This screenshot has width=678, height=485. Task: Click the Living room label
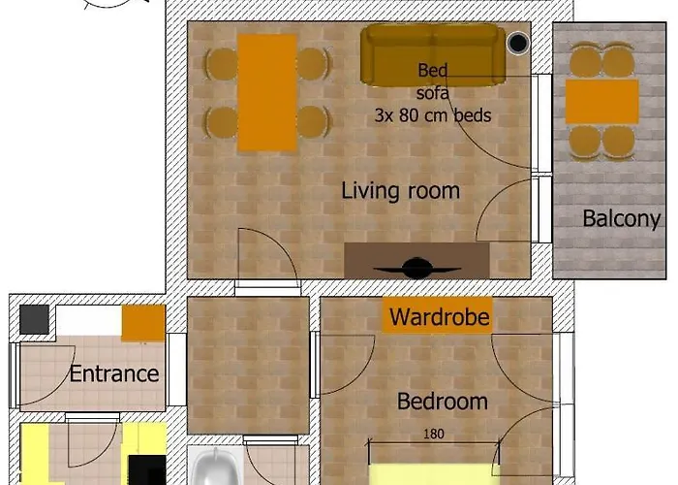(400, 190)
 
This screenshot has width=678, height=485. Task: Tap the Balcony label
(621, 218)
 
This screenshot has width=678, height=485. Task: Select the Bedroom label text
(443, 401)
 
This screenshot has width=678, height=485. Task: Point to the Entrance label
(114, 373)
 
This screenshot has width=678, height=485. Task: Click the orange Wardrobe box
(439, 316)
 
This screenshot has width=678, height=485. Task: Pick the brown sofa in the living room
(433, 54)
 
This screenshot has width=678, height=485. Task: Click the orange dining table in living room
(266, 92)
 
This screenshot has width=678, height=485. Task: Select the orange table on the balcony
(601, 102)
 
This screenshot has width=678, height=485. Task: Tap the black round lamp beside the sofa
(519, 43)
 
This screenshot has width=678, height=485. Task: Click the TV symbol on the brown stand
(417, 268)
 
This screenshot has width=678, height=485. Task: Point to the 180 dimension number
(434, 435)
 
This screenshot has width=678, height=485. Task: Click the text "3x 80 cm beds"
(433, 115)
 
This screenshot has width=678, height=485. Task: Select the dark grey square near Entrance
(35, 318)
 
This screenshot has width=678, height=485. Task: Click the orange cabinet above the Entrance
(143, 322)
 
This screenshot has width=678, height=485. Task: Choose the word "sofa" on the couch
(433, 93)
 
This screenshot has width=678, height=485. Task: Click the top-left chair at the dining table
(222, 64)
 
